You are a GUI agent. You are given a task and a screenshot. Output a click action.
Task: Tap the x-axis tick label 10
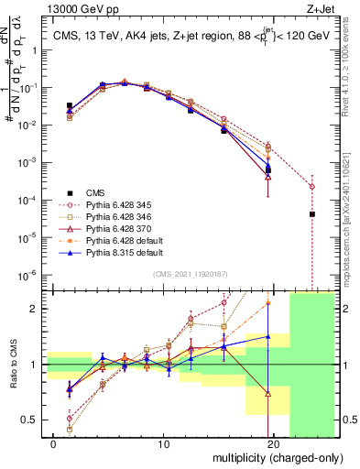(x=163, y=444)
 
